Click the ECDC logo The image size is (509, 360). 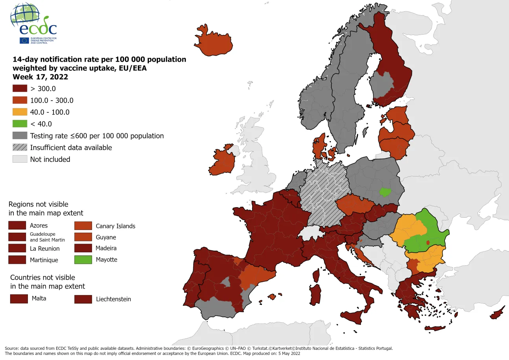pos(33,24)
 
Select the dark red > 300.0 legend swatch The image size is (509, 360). pos(20,88)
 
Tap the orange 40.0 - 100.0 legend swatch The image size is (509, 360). pos(20,112)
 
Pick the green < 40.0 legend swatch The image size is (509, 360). pos(20,124)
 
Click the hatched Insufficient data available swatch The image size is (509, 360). pos(20,147)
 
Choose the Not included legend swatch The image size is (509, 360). pos(20,159)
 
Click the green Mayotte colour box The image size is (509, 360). pos(83,260)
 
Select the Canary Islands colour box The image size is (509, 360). pos(83,226)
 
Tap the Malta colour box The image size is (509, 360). pos(19,299)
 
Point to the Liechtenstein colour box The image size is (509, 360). pos(83,299)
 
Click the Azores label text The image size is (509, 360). pos(38,226)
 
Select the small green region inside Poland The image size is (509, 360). pos(386,192)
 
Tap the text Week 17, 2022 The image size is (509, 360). pos(40,77)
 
